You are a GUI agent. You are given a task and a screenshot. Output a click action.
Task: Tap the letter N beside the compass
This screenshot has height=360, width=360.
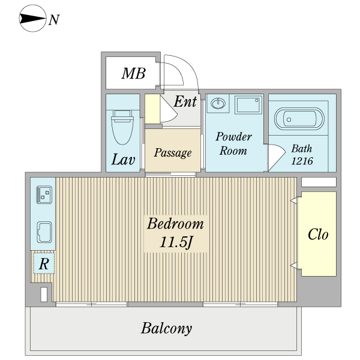(54, 20)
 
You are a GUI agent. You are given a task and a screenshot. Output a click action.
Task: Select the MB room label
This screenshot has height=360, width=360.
(133, 74)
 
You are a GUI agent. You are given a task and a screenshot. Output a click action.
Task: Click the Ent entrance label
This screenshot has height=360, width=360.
(185, 101)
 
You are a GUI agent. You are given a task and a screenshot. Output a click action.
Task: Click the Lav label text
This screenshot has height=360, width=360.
(123, 160)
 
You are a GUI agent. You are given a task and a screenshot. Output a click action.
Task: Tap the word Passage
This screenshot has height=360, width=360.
(172, 152)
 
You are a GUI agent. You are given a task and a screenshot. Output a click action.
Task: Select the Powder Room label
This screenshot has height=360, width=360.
(233, 143)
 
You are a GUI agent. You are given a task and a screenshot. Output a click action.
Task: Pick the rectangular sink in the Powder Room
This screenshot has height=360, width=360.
(248, 105)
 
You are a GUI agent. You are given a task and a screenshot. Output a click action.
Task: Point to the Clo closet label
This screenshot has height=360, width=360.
(318, 234)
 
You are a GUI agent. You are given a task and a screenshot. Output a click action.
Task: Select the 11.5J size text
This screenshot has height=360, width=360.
(176, 243)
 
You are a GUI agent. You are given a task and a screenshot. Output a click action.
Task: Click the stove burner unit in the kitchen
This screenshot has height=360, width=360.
(44, 194)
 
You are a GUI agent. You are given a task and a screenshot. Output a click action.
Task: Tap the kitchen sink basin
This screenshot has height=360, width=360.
(44, 230)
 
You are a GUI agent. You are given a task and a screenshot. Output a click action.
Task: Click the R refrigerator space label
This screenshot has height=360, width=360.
(44, 263)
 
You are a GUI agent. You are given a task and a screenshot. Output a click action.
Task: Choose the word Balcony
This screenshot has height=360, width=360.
(166, 328)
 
